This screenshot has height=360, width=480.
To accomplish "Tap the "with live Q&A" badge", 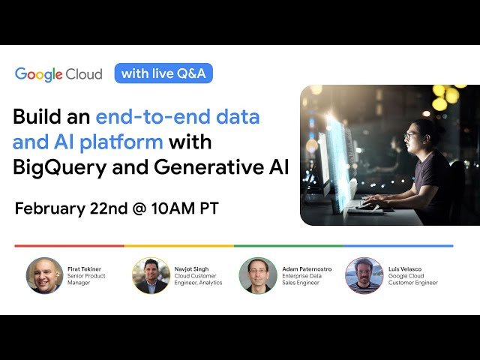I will point(163,73).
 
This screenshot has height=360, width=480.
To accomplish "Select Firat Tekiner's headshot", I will point(44,275).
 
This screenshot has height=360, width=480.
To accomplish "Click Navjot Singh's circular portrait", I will point(151,275).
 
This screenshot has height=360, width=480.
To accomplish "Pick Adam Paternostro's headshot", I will point(257,275).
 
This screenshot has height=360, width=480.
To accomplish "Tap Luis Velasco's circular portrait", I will point(364,275).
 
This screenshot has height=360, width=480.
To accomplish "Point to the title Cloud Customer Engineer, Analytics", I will point(197,278).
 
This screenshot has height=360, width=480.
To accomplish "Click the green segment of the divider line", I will point(289,245).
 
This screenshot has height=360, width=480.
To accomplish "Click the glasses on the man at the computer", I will point(411,136).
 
